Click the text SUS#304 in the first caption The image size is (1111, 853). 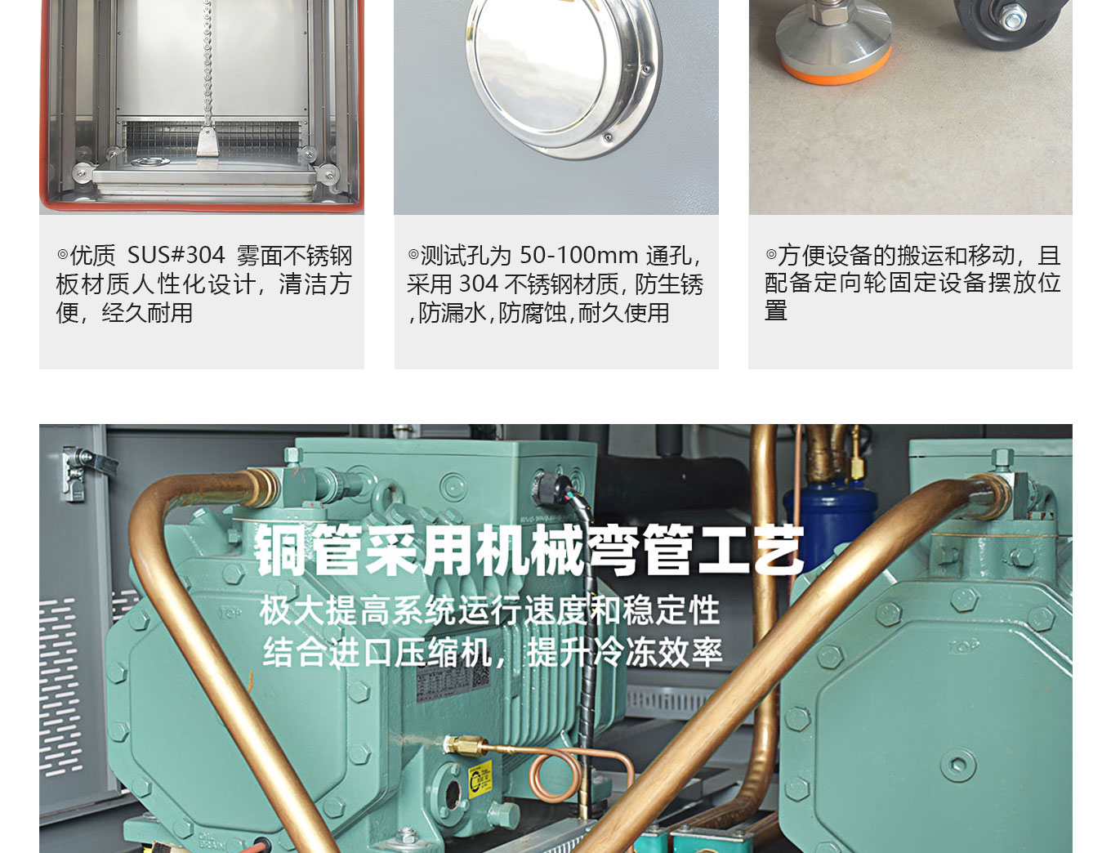pos(176,255)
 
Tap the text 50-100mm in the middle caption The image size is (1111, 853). pos(578,255)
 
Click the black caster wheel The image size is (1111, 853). pos(1010,20)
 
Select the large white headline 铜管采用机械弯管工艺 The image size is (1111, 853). pos(529,550)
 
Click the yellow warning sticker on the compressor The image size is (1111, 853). pos(480,779)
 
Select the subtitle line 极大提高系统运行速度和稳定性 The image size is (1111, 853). pos(490,610)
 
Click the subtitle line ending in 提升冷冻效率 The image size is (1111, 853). pos(493,652)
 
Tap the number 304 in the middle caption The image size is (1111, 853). pos(479,284)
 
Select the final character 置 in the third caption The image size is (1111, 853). pos(776,310)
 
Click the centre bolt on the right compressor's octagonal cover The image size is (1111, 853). pos(958,765)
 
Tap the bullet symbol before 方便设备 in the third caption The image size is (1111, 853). pos(771,254)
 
